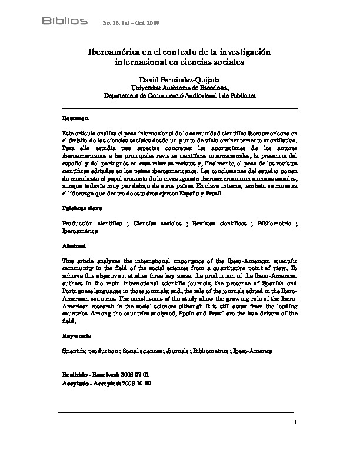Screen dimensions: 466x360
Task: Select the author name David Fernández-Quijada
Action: click(x=180, y=79)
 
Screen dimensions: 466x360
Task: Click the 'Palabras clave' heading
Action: click(x=80, y=209)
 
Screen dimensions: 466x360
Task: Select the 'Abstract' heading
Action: click(x=74, y=245)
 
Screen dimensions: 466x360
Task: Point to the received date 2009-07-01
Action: click(x=141, y=374)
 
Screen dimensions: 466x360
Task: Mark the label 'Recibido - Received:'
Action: click(x=91, y=374)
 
